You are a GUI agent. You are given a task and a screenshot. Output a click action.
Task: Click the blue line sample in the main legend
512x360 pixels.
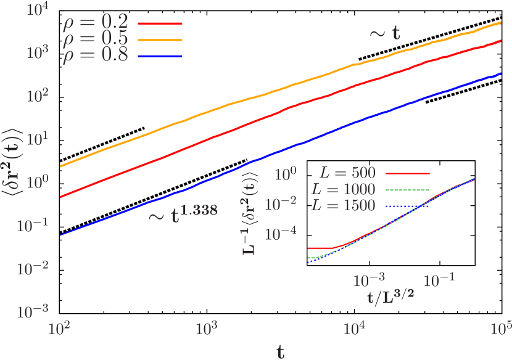(160, 56)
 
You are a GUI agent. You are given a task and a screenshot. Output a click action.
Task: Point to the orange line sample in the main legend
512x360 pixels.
(160, 39)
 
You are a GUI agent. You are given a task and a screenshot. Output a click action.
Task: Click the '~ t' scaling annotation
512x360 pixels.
(384, 33)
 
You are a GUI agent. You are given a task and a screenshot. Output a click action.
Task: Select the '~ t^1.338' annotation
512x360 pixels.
(183, 211)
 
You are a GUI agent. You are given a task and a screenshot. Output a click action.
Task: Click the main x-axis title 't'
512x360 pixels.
(281, 351)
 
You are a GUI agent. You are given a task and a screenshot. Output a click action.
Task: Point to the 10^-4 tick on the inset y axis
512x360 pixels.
(283, 233)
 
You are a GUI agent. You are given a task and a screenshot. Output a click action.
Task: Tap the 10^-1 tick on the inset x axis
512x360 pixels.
(440, 280)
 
